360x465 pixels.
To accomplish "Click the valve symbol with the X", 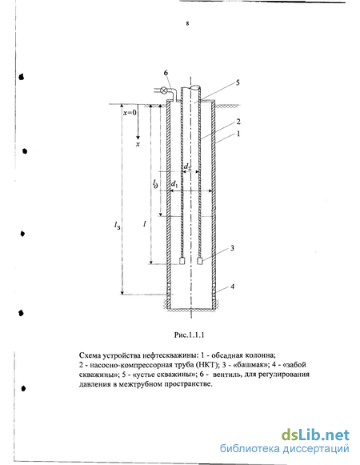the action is (x=163, y=90).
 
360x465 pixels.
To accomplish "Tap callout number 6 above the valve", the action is (x=166, y=73).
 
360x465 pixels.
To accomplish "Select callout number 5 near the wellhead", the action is (x=238, y=82).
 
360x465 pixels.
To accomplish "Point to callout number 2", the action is (x=238, y=122).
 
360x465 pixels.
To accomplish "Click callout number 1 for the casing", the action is (x=238, y=134).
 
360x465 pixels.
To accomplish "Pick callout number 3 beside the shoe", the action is (x=232, y=248).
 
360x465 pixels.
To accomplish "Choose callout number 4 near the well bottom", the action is (x=233, y=287).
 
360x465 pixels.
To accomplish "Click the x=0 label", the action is (x=130, y=113).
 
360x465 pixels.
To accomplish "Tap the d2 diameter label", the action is (x=187, y=167).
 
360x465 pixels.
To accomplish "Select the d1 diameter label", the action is (x=174, y=184).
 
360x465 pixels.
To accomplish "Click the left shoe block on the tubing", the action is (x=182, y=261).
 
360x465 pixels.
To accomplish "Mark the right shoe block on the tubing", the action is (x=200, y=261).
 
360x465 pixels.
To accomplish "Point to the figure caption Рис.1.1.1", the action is (x=189, y=335).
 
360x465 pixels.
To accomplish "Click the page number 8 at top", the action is (x=187, y=23).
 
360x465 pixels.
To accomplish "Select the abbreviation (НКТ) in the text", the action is (x=209, y=364).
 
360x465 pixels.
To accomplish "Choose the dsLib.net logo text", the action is (x=315, y=435).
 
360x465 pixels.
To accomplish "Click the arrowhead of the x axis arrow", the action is (x=138, y=138).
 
